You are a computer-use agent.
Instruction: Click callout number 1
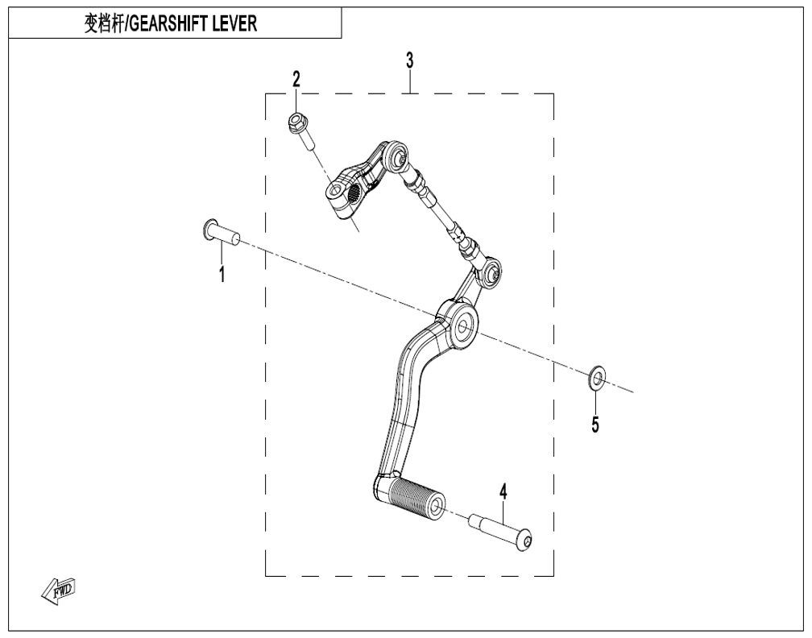click(222, 273)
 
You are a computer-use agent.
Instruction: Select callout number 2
click(296, 79)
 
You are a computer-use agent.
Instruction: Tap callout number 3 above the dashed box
click(409, 60)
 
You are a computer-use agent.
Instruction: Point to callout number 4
click(503, 492)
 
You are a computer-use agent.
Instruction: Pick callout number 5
click(595, 425)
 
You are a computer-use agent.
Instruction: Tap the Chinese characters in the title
click(104, 24)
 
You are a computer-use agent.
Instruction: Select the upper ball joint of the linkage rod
click(398, 155)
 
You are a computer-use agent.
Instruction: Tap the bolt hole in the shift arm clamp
click(334, 191)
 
